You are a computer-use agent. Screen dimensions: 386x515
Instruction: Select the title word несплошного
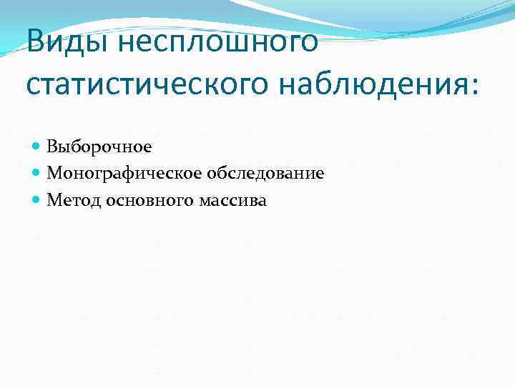click(217, 41)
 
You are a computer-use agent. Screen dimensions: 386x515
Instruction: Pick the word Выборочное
click(99, 147)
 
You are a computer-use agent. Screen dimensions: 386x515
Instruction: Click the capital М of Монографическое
click(53, 173)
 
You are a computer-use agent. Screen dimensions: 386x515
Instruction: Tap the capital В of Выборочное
click(51, 147)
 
